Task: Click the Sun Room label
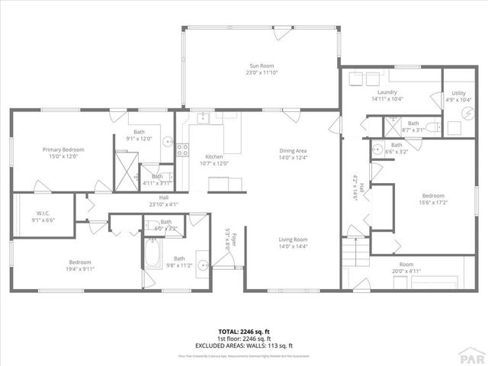point(260,66)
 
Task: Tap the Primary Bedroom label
point(63,149)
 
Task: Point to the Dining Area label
point(292,150)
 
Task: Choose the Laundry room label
point(386,92)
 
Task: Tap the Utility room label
point(458,92)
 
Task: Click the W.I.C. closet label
point(43,213)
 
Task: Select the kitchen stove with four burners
point(183,149)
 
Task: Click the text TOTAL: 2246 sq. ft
point(244,332)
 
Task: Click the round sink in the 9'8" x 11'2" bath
point(202,265)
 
